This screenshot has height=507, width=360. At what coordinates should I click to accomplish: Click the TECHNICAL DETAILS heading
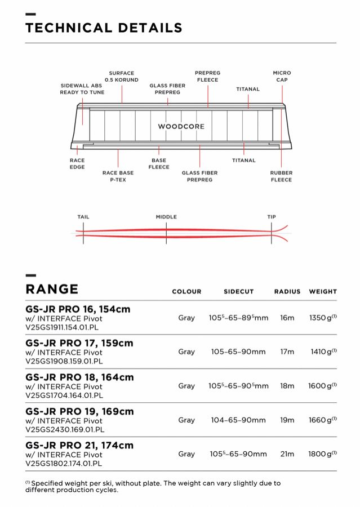pyautogui.click(x=104, y=28)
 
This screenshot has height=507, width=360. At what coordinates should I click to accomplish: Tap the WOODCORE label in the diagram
pyautogui.click(x=181, y=126)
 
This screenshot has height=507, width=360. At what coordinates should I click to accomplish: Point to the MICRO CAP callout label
pyautogui.click(x=282, y=77)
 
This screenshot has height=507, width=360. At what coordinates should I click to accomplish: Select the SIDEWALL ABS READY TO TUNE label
pyautogui.click(x=82, y=89)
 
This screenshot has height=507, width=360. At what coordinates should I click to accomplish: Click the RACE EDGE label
pyautogui.click(x=77, y=163)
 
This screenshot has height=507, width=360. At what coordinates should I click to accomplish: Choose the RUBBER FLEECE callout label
pyautogui.click(x=281, y=176)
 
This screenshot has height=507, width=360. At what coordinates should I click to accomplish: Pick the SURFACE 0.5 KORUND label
pyautogui.click(x=122, y=77)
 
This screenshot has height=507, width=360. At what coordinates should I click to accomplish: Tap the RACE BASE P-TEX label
pyautogui.click(x=118, y=176)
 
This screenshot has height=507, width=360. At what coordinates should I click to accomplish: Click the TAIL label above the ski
pyautogui.click(x=83, y=217)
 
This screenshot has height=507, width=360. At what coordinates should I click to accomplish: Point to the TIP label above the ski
pyautogui.click(x=272, y=217)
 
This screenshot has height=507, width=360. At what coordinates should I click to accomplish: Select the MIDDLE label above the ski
pyautogui.click(x=166, y=217)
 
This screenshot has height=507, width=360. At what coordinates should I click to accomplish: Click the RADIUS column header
pyautogui.click(x=287, y=292)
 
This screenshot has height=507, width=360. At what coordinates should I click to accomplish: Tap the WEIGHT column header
pyautogui.click(x=323, y=292)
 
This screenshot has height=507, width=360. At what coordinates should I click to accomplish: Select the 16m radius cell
pyautogui.click(x=287, y=318)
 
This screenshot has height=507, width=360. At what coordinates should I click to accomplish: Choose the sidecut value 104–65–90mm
pyautogui.click(x=238, y=420)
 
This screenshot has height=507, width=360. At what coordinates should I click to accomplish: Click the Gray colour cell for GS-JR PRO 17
pyautogui.click(x=186, y=352)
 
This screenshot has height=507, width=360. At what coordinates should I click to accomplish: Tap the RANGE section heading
pyautogui.click(x=52, y=289)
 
